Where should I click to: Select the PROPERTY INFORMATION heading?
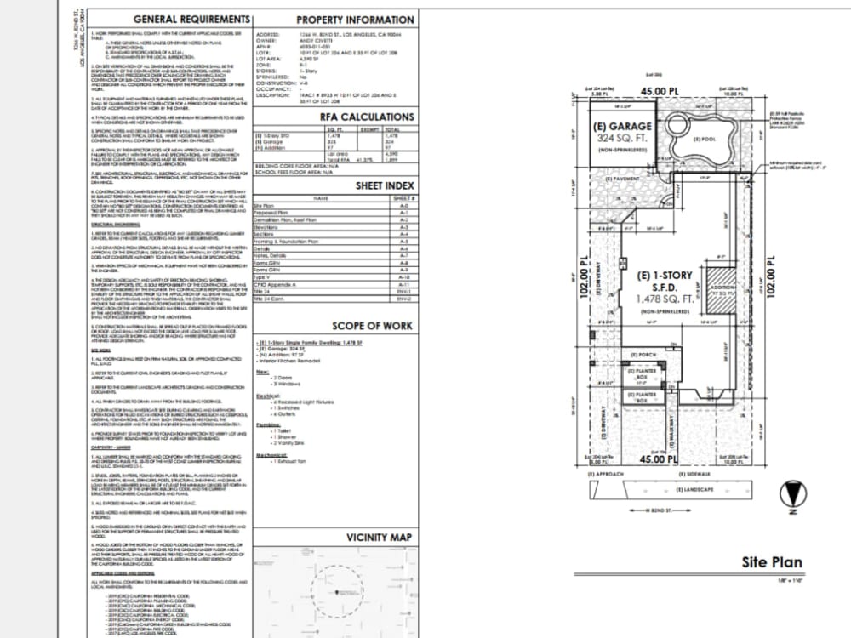[355, 20]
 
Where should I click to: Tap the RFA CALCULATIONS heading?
[367, 117]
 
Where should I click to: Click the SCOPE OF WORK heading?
[373, 326]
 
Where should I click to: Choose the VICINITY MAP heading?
[379, 538]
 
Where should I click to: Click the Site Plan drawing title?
[772, 562]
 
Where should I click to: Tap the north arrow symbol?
[791, 494]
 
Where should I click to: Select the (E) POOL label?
[704, 139]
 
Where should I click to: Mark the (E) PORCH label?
[644, 355]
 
